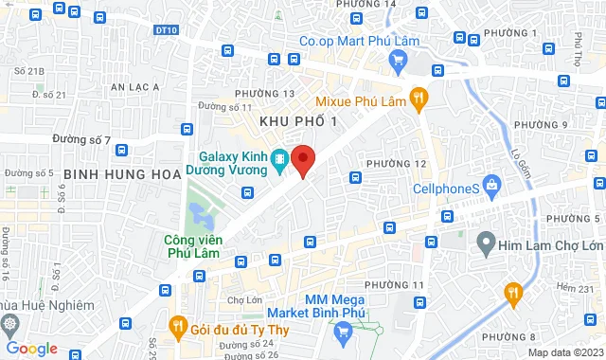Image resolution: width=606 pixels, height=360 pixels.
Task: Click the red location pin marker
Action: pos(303,159)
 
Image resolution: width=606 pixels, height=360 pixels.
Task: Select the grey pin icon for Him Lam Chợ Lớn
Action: pos(484,245)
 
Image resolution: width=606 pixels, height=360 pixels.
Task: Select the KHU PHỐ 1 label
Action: pos(299,121)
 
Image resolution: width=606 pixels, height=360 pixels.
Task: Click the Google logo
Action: pos(31,349)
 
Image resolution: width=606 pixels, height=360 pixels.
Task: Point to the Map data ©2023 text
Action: pos(564,352)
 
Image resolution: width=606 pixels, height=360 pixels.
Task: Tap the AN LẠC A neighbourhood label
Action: pos(136,86)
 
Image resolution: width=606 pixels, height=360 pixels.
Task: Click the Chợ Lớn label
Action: pos(244,299)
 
